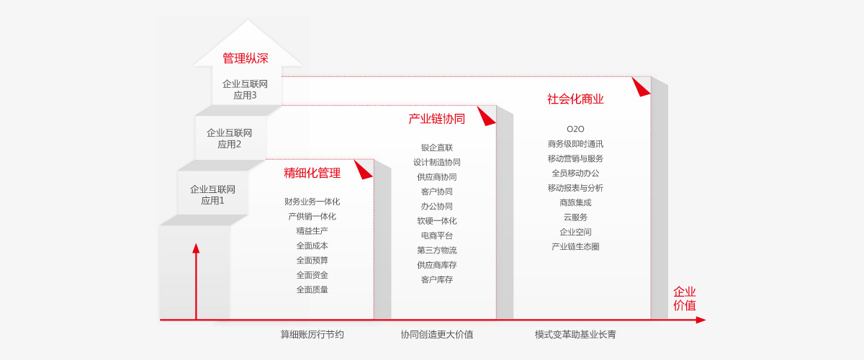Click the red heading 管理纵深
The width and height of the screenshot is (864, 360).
(246, 58)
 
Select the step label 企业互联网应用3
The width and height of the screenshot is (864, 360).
(245, 89)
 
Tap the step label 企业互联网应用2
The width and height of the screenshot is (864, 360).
(229, 138)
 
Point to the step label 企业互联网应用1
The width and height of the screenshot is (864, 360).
(212, 195)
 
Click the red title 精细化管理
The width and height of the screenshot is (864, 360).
(312, 173)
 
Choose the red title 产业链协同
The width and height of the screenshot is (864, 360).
(436, 119)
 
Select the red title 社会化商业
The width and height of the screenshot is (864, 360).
(575, 99)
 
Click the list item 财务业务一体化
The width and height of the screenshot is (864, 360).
(312, 202)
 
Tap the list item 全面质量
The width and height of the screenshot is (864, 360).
(312, 289)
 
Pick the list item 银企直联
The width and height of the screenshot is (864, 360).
(436, 148)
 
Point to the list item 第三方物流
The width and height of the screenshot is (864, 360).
(436, 250)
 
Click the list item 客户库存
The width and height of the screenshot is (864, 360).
(436, 279)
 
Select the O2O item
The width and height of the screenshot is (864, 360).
(575, 129)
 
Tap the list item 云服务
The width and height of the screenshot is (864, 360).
(575, 217)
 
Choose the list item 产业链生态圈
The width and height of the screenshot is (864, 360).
(575, 246)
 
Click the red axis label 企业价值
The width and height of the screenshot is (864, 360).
(684, 298)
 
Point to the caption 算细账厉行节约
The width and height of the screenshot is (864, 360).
(312, 335)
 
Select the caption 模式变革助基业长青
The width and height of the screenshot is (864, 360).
(575, 335)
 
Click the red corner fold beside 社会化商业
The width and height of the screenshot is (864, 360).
(640, 87)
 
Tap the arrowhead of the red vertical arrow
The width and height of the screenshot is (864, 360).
(196, 248)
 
